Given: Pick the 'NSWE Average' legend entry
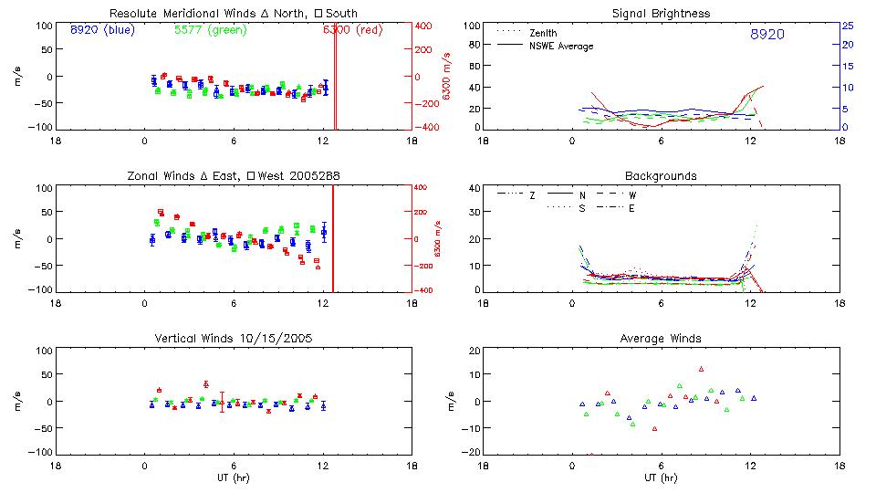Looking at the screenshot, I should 561,46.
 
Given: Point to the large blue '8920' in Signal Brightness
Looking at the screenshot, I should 766,35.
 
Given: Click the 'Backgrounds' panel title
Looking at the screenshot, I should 661,175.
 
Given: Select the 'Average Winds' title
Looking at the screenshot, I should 661,339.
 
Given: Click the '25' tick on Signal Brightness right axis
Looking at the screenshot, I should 847,26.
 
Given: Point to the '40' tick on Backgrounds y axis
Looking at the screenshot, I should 474,189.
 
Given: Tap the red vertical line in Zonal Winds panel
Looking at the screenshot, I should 333,237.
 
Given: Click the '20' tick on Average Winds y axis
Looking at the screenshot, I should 474,351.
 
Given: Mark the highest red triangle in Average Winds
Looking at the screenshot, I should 701,369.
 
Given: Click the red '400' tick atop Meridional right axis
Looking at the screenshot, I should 424,26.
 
